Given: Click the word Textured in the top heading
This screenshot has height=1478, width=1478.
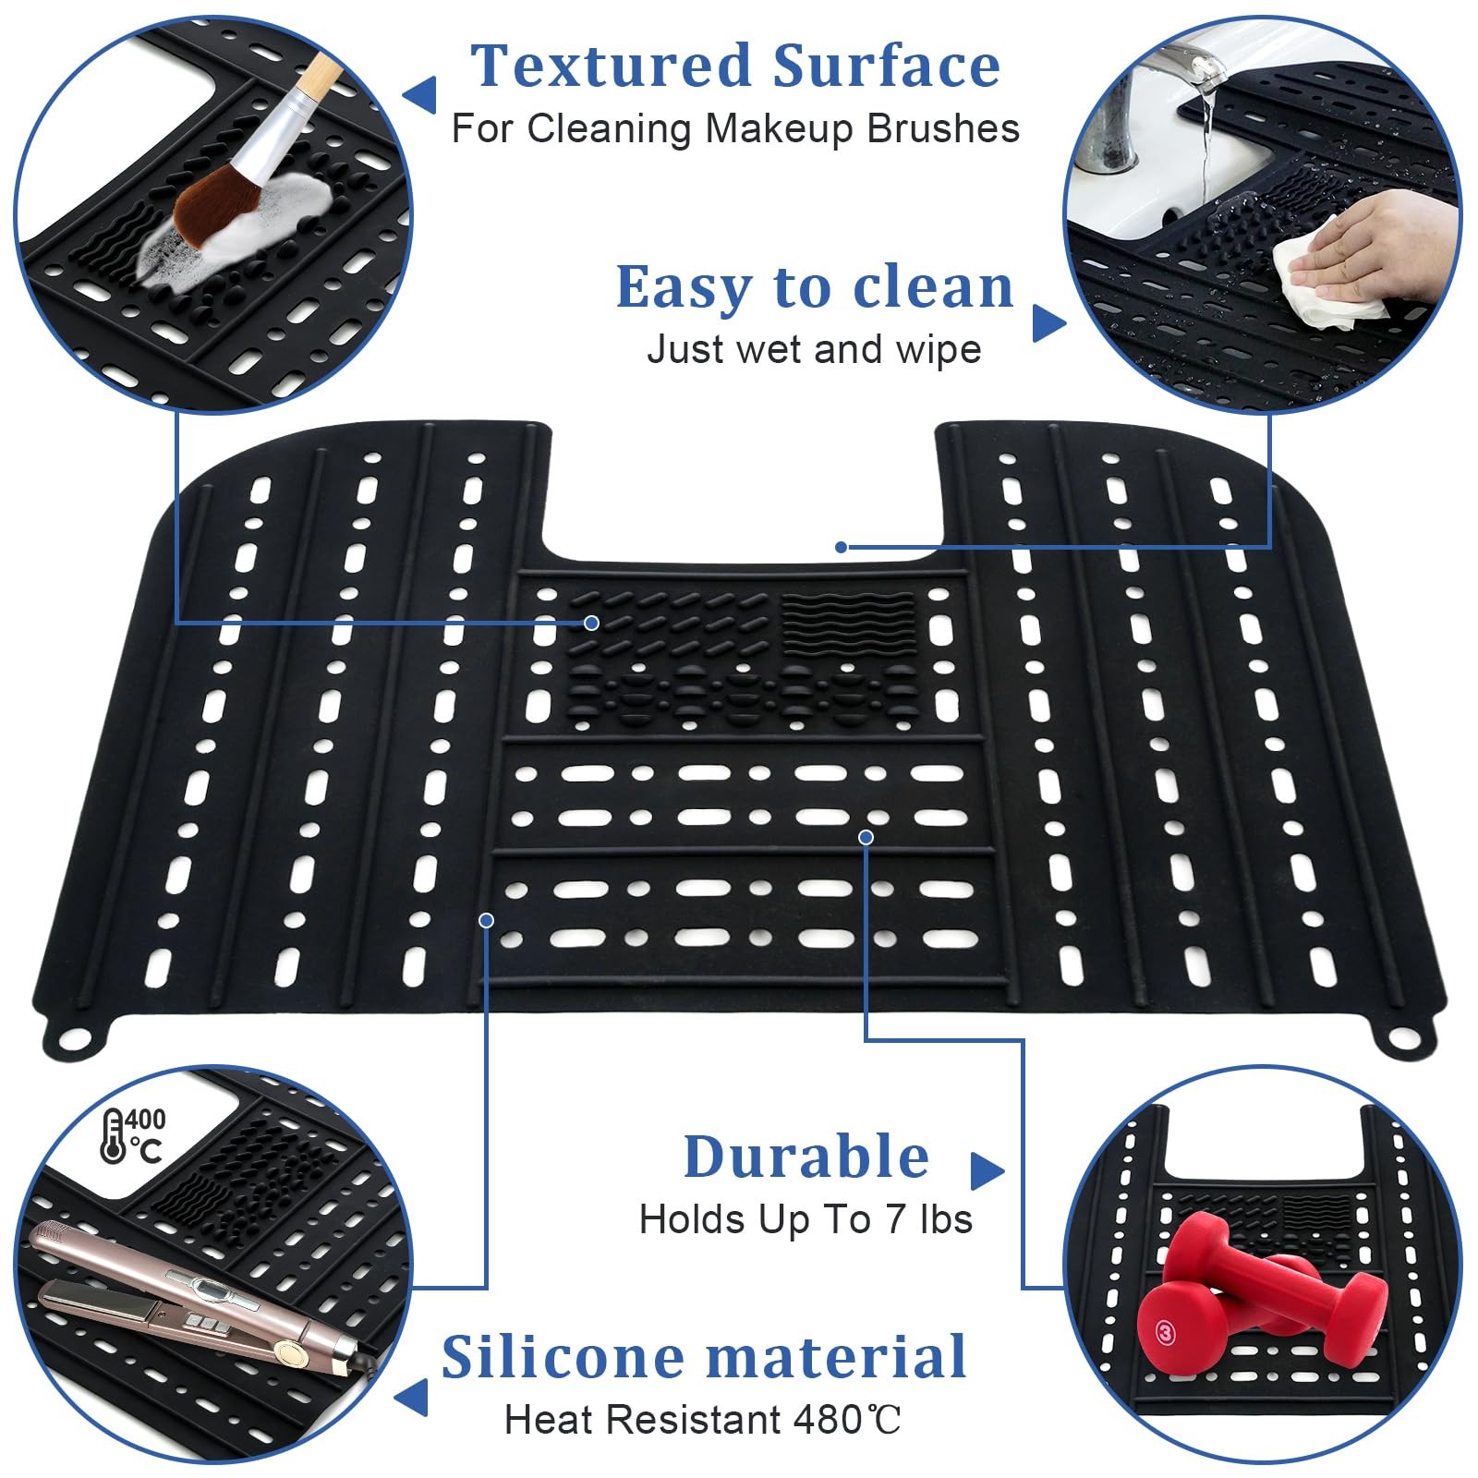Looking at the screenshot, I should pos(612,67).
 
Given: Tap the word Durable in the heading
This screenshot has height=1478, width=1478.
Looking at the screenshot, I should pos(806,1157).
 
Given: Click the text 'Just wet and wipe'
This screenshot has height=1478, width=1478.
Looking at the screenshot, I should pos(814,350).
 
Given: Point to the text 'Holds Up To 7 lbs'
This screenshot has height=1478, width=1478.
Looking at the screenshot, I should pos(806,1219).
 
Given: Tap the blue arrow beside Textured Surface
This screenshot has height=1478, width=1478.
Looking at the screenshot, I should pos(421,94).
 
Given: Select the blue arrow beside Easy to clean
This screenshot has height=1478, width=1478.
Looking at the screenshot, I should pos(1048,322).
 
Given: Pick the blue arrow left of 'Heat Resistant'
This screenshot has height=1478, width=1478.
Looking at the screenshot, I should pos(413,1397).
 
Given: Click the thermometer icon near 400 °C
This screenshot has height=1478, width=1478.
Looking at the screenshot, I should pos(113,1136).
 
